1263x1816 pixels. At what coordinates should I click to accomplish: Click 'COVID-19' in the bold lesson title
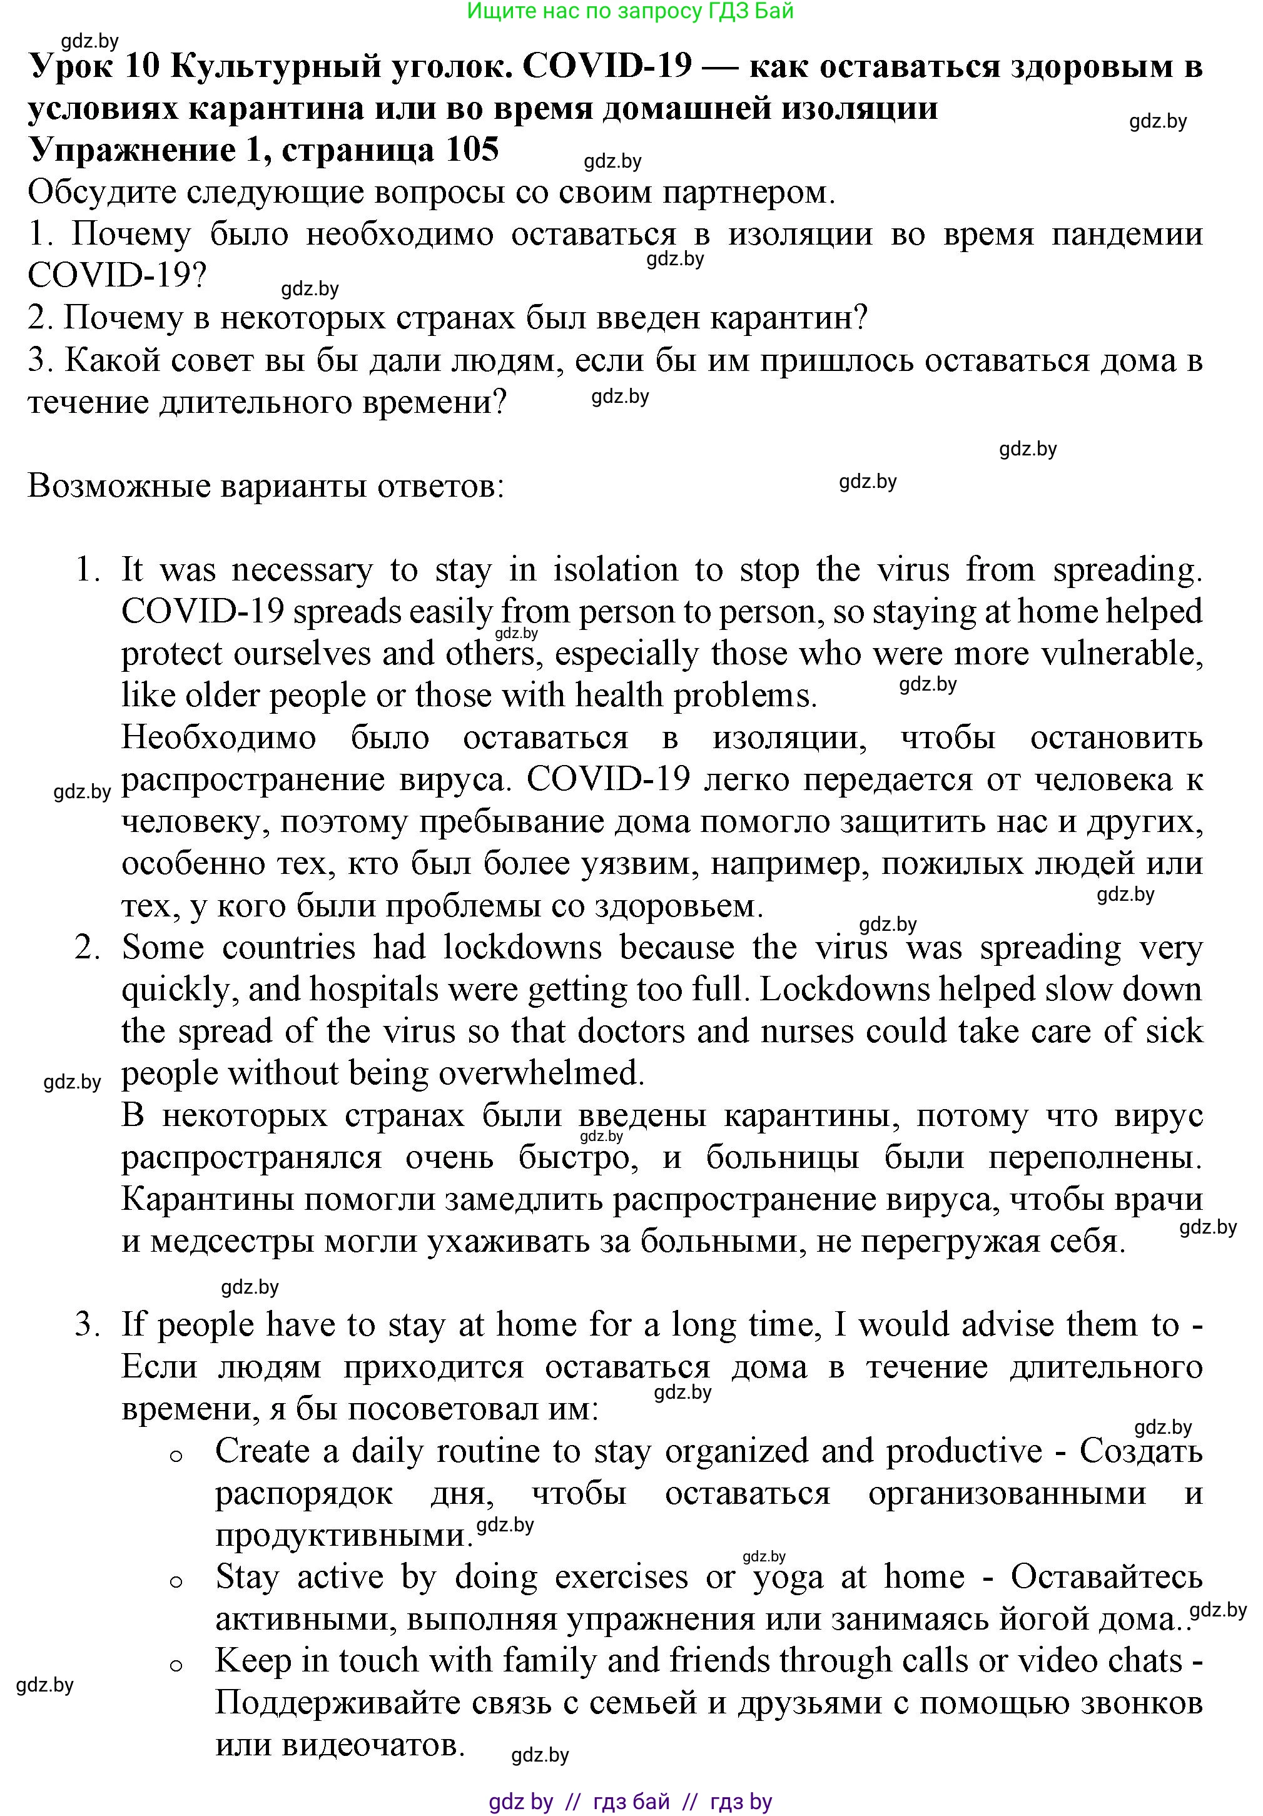607,66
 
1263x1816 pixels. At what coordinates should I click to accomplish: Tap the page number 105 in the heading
472,150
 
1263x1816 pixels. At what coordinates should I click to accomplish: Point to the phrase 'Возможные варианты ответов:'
266,485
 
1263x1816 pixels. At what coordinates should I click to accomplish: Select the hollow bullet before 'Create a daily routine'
176,1454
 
